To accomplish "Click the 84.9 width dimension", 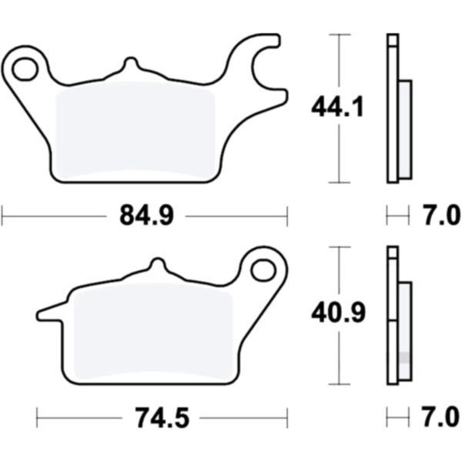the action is (x=146, y=216).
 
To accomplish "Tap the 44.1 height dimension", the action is (x=337, y=107).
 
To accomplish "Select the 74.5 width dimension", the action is (x=162, y=417).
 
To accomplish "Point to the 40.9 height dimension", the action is (x=338, y=313).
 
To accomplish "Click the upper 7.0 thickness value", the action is (x=440, y=216).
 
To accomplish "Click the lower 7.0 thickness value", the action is (x=440, y=417).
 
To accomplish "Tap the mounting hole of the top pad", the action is (x=25, y=69).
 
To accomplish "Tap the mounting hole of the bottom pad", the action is (x=264, y=269).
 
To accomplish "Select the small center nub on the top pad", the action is (x=131, y=62).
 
